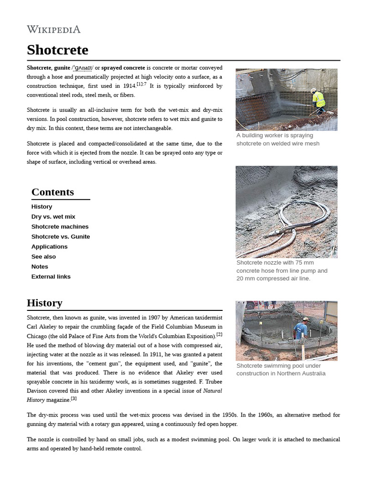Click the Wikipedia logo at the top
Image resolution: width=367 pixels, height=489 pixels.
point(54,30)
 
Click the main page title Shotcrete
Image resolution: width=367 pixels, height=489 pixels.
point(57,50)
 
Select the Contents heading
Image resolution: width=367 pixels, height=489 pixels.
point(53,192)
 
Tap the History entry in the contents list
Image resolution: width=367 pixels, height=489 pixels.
point(42,207)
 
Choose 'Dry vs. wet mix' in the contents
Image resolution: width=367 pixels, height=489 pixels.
point(53,217)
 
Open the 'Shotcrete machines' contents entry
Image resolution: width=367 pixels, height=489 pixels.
point(60,227)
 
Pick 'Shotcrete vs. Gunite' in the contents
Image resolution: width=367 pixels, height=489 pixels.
point(60,237)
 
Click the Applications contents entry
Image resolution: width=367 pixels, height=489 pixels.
point(49,247)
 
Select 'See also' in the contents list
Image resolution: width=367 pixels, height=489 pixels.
point(43,257)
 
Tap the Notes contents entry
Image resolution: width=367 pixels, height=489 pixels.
point(40,267)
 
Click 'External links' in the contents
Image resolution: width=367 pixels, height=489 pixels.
point(51,277)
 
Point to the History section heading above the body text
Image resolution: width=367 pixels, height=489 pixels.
point(44,303)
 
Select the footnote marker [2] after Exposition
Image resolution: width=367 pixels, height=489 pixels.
point(219,334)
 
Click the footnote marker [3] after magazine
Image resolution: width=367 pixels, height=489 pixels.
point(74,398)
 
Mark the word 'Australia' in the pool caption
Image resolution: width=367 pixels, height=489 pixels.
point(312,373)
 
